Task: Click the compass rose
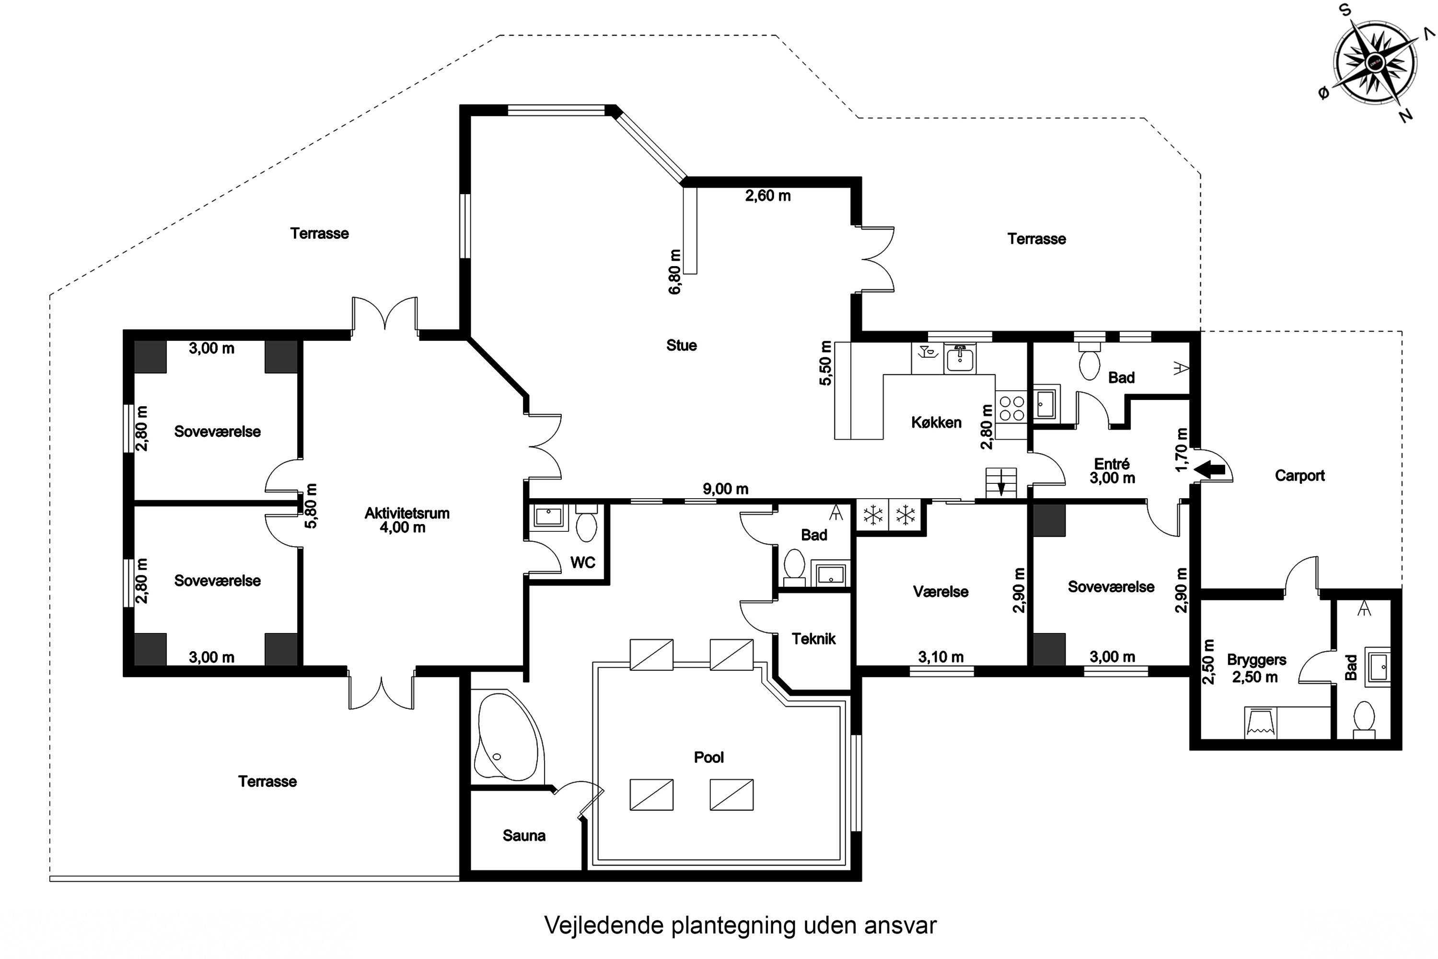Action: [1375, 63]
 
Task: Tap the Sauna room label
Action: [524, 835]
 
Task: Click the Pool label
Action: [708, 757]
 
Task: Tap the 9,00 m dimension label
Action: [725, 489]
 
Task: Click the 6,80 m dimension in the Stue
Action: [674, 272]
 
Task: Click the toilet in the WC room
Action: [587, 526]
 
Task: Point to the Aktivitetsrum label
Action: [406, 513]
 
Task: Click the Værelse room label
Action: [940, 591]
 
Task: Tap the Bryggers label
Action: [1256, 660]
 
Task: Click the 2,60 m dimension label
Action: [767, 196]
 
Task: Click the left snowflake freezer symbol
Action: [873, 515]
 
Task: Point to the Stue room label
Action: [681, 346]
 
